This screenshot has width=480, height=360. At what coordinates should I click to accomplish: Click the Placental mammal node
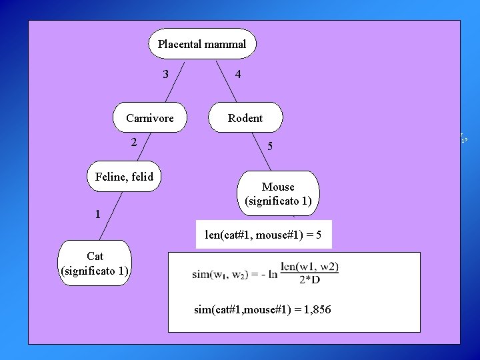click(x=201, y=44)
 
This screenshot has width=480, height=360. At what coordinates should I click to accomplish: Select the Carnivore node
click(x=150, y=118)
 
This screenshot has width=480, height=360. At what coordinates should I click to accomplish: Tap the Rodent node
click(x=245, y=118)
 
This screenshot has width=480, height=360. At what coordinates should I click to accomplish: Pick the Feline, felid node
click(x=125, y=177)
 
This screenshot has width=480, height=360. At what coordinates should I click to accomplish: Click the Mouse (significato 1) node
click(x=278, y=194)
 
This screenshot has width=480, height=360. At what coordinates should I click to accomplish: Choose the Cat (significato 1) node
click(x=95, y=263)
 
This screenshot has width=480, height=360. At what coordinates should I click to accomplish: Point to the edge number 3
click(x=166, y=73)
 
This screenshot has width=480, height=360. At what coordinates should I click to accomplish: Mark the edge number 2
click(x=134, y=141)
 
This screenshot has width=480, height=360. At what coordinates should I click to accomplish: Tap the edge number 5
click(x=270, y=146)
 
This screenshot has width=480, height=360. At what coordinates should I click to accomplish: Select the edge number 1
click(x=98, y=214)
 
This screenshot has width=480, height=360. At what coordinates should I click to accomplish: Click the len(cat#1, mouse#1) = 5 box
click(x=263, y=235)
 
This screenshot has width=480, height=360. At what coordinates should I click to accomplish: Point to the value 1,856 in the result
click(x=315, y=310)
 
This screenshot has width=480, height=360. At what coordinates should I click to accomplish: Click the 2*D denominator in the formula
click(x=310, y=279)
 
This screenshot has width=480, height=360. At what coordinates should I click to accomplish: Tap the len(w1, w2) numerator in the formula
click(x=310, y=267)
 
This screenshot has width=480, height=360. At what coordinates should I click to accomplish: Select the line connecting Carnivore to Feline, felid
click(x=141, y=147)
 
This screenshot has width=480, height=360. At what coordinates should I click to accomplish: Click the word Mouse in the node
click(x=278, y=187)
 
